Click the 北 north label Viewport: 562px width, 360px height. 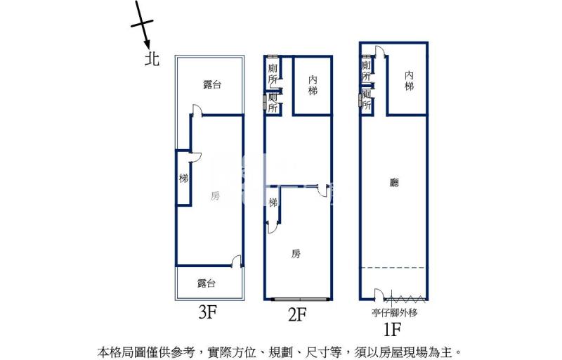(152, 58)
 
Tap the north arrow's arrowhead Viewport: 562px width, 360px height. (147, 44)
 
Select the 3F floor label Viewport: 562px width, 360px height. (208, 313)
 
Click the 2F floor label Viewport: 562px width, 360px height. (297, 315)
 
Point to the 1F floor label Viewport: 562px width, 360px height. (392, 329)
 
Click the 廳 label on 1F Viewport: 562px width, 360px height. (394, 183)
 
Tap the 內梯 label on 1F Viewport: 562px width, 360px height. (409, 81)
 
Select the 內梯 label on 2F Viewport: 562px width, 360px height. (313, 85)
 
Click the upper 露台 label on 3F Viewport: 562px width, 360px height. (212, 84)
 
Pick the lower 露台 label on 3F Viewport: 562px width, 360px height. (207, 283)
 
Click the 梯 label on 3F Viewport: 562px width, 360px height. (183, 178)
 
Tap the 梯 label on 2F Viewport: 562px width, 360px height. (273, 202)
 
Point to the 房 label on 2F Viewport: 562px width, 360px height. (296, 254)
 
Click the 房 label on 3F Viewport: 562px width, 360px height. (215, 195)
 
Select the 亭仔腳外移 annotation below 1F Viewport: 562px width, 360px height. (395, 313)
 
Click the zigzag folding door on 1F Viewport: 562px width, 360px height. (405, 298)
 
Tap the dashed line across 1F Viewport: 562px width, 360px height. (393, 267)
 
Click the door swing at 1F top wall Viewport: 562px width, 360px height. (381, 51)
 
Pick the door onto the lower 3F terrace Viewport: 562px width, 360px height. (237, 261)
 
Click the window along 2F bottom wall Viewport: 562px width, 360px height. (301, 299)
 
